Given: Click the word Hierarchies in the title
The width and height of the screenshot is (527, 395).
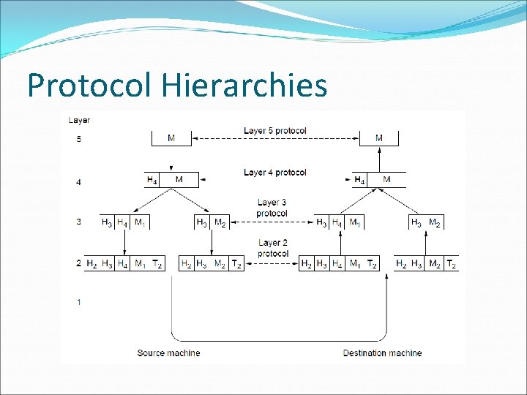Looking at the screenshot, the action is (x=245, y=86).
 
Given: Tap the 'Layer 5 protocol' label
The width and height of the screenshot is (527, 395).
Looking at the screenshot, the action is (x=274, y=131).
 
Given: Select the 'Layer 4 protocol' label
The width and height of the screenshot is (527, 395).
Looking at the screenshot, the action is (x=274, y=173).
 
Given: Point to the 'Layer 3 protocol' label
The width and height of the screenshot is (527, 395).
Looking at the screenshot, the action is (x=272, y=208).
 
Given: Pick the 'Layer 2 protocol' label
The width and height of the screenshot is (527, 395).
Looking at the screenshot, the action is (x=272, y=248).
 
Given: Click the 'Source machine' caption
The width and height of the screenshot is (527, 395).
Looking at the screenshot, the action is (x=168, y=353).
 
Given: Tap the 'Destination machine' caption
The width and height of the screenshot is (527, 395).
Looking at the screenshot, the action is (x=382, y=353).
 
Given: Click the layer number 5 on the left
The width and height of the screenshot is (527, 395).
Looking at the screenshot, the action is (x=78, y=138).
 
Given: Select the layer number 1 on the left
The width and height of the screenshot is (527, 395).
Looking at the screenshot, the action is (x=78, y=302).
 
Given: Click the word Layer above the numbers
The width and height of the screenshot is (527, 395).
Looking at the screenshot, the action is (x=79, y=120).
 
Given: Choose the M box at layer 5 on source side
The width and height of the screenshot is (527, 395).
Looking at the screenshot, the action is (x=171, y=138).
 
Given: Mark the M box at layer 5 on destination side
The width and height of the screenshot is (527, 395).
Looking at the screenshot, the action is (x=378, y=138).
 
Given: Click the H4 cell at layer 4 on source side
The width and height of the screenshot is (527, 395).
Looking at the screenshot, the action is (x=152, y=180).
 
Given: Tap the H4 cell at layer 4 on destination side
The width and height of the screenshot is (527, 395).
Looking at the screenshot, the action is (x=359, y=180).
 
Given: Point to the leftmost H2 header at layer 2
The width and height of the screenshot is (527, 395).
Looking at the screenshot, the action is (x=91, y=263).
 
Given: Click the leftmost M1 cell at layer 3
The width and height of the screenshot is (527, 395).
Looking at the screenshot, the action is (x=141, y=222).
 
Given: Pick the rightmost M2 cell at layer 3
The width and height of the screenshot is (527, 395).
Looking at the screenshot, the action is (x=435, y=222).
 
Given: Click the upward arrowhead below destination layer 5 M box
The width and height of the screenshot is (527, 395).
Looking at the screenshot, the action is (x=378, y=150).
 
